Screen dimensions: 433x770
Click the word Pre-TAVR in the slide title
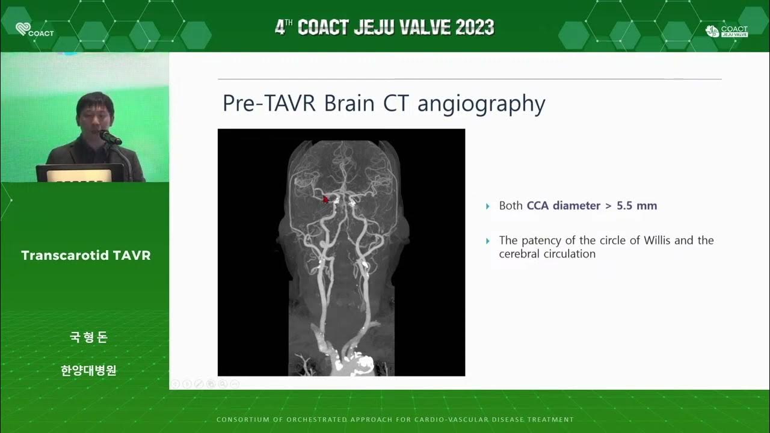(270, 103)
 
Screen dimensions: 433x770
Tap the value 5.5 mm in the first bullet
(636, 206)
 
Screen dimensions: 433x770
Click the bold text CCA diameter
(563, 206)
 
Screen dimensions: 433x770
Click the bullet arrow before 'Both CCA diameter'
(488, 206)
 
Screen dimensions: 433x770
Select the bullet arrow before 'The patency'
(488, 241)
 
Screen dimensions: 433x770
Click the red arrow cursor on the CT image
(325, 199)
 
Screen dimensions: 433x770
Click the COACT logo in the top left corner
(34, 29)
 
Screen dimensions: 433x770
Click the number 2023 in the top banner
(467, 28)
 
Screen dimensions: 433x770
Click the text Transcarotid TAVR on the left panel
(86, 256)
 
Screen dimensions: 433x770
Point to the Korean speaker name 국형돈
(88, 337)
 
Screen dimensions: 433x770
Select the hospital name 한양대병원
(88, 370)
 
